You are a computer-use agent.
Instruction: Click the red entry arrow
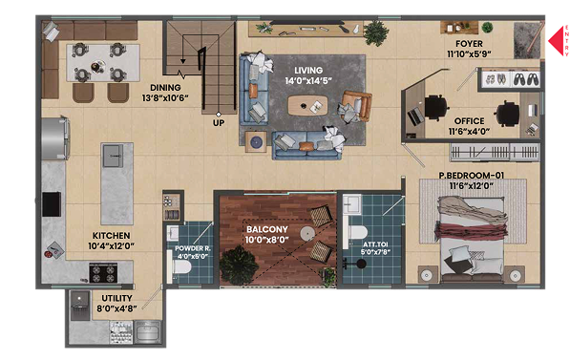tap(556, 41)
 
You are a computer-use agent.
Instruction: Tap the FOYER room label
tap(469, 44)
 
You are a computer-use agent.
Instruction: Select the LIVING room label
tap(308, 70)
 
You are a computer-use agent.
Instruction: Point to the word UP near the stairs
tap(219, 123)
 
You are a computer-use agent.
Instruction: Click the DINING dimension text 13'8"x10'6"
tap(165, 97)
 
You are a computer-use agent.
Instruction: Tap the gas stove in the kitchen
tap(104, 273)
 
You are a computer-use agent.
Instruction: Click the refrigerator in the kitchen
tap(55, 138)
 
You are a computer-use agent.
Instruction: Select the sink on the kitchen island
tap(113, 156)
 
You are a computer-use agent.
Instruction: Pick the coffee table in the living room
tap(307, 105)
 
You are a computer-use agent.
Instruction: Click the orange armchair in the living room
tap(356, 105)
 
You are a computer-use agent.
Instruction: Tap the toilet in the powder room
tap(179, 267)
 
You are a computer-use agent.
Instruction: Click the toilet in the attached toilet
tap(355, 233)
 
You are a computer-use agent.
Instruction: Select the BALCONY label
tap(267, 229)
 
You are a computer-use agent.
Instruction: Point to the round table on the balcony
tap(307, 233)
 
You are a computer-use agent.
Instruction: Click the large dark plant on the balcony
tap(239, 265)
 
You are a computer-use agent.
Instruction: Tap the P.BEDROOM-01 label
tap(472, 176)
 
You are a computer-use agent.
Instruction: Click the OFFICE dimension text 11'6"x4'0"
tap(469, 131)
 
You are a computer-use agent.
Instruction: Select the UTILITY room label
tap(116, 298)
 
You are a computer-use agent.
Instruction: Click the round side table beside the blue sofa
tap(257, 142)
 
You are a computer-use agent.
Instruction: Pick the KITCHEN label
tap(112, 236)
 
